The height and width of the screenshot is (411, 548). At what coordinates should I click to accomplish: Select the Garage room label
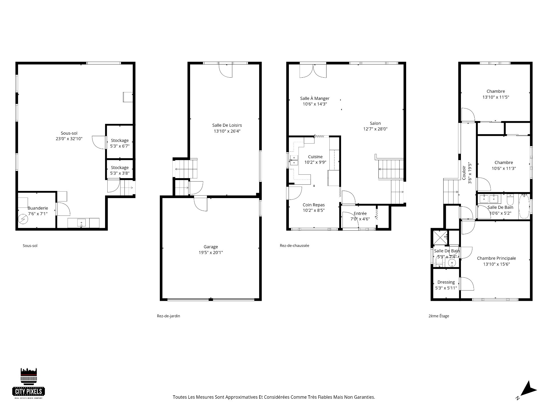click(211, 247)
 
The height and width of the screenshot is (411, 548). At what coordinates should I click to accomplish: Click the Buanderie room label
click(38, 208)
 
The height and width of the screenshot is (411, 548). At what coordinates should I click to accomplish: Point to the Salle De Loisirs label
click(227, 125)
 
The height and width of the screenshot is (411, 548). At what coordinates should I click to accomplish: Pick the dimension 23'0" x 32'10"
click(69, 139)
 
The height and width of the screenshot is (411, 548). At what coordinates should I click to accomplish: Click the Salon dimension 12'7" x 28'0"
click(375, 129)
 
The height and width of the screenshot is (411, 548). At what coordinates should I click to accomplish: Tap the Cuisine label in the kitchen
click(315, 157)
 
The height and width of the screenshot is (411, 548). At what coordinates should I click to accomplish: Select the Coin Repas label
click(314, 205)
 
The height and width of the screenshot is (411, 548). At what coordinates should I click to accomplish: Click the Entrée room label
click(360, 213)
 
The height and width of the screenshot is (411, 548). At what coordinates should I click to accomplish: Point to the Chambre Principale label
click(496, 258)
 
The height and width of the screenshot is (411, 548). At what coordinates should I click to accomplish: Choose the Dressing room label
click(446, 282)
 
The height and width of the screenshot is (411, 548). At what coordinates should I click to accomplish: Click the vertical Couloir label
click(464, 173)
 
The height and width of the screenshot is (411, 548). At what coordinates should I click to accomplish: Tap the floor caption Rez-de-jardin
click(168, 316)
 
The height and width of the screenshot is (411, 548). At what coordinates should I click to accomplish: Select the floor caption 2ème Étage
click(439, 316)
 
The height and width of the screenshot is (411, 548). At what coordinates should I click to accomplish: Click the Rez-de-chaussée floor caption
click(294, 245)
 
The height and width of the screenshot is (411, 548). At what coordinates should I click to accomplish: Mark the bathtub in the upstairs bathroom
click(524, 206)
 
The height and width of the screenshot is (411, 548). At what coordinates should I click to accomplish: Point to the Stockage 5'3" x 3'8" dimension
click(120, 173)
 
